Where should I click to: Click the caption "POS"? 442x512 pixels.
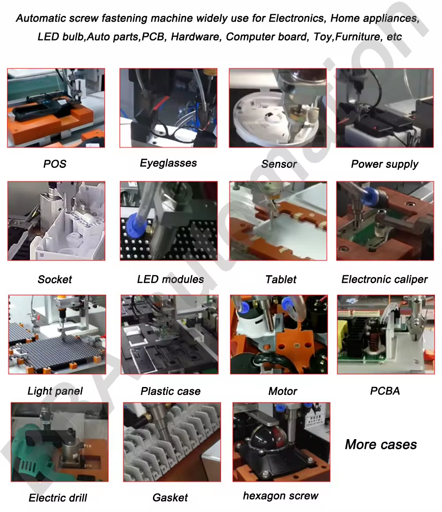[55, 163]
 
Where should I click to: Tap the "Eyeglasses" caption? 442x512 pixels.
[168, 163]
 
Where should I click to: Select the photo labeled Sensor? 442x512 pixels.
[278, 108]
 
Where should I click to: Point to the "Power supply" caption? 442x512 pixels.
[385, 164]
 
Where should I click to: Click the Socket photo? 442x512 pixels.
[56, 221]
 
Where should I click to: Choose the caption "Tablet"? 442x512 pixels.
[281, 280]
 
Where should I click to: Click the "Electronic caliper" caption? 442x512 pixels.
[385, 280]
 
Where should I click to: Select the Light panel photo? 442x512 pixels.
[57, 334]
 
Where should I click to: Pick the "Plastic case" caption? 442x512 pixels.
[171, 391]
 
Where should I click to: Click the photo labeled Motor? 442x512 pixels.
[278, 334]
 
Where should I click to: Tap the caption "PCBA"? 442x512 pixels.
[385, 391]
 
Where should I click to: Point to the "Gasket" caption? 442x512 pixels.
[170, 497]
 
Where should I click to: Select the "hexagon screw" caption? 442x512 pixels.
[281, 496]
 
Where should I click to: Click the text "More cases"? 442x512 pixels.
[381, 444]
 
